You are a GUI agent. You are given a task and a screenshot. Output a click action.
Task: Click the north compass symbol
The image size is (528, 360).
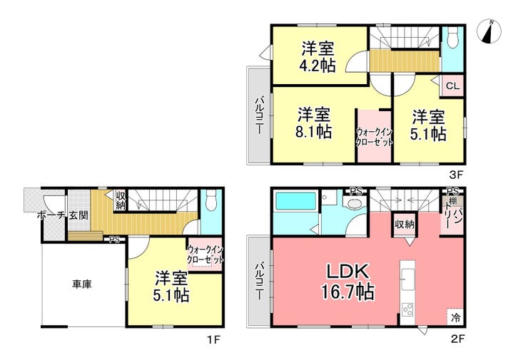coord(489,31)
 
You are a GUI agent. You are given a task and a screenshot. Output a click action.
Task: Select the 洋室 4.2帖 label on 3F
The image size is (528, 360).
coord(318,57)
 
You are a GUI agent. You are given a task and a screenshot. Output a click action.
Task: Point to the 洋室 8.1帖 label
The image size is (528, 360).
coord(314,123)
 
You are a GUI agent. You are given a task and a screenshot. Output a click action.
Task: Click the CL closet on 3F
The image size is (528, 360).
coord(452,86)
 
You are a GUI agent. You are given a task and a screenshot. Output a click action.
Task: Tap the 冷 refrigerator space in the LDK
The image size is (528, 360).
coord(455,317)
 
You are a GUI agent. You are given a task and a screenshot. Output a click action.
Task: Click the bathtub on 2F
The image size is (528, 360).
coord(296,202)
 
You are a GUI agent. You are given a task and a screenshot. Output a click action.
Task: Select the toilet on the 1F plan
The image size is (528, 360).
coord(211,200)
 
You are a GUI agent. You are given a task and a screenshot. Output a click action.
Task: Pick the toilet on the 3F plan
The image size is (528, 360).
coord(453,37)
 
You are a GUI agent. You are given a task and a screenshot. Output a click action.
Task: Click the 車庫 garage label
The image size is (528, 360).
coord(82,284)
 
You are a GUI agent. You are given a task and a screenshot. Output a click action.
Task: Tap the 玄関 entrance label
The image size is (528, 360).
coord(78,215)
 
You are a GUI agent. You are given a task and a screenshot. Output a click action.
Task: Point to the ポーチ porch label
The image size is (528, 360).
coord(51,215)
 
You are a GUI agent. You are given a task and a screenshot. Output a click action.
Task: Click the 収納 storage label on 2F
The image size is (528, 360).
coord(405,224)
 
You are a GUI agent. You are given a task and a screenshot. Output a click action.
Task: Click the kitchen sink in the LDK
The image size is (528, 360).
coord(408,279)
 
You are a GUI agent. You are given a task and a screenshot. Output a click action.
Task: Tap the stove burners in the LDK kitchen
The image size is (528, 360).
coord(408,309)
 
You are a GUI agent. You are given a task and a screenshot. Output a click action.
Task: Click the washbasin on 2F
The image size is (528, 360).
coord(354,203)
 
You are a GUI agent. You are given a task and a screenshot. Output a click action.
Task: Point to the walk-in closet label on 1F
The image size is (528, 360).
coord(205,254)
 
